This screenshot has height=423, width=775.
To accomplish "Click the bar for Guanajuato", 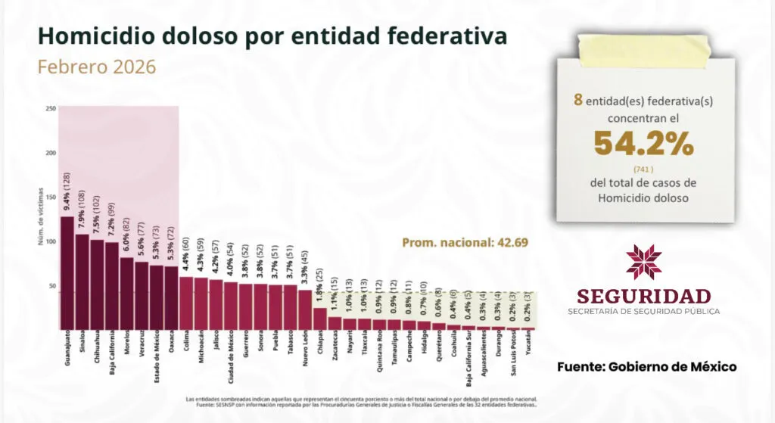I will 67,273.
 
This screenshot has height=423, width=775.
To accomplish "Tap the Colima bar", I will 185,303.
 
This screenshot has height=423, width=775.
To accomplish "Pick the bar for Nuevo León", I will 304,310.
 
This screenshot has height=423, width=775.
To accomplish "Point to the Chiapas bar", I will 319,319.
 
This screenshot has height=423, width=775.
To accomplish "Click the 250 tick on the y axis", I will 51,108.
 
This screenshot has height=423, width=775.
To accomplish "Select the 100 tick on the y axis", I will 51,242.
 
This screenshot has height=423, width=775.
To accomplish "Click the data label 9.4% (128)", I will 67,193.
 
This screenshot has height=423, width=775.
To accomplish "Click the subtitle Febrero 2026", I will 97,67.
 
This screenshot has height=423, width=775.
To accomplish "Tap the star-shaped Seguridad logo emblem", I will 644,262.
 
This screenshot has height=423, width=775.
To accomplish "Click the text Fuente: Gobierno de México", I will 646,367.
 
